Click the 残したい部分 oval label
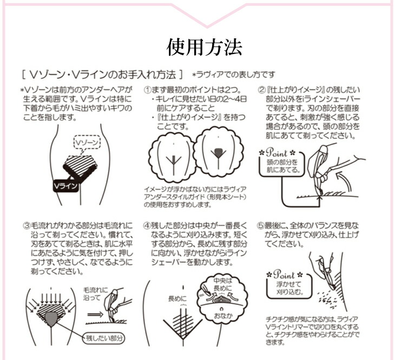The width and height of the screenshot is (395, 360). (104, 338)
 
